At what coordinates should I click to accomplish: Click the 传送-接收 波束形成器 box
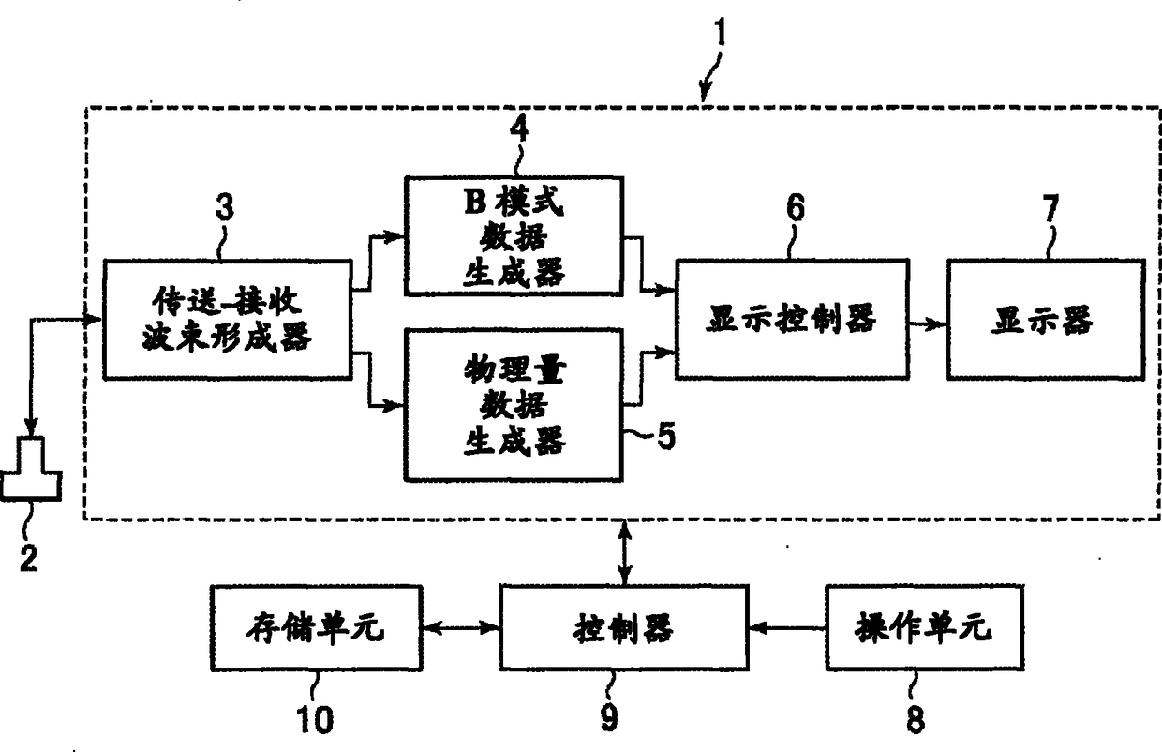(228, 320)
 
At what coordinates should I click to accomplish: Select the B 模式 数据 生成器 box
(514, 236)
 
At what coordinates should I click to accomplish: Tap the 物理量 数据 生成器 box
(514, 405)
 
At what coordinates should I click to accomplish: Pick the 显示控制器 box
(792, 319)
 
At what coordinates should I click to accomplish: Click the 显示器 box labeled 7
(1046, 320)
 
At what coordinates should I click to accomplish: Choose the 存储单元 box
(317, 628)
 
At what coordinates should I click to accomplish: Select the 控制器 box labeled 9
(624, 628)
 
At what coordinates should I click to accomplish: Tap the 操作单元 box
(924, 628)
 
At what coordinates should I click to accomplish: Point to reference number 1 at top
(720, 32)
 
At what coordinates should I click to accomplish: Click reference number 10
(315, 719)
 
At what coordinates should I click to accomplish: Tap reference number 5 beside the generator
(666, 435)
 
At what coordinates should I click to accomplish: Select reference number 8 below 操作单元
(915, 719)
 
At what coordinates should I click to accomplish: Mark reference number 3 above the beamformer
(225, 207)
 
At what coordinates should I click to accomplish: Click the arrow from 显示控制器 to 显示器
(928, 324)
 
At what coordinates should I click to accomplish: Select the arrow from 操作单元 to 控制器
(787, 628)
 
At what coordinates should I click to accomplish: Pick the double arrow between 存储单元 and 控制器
(461, 628)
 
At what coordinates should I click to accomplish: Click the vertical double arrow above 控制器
(625, 552)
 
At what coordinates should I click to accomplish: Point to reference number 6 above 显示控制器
(796, 207)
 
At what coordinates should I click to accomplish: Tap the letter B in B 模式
(475, 203)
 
